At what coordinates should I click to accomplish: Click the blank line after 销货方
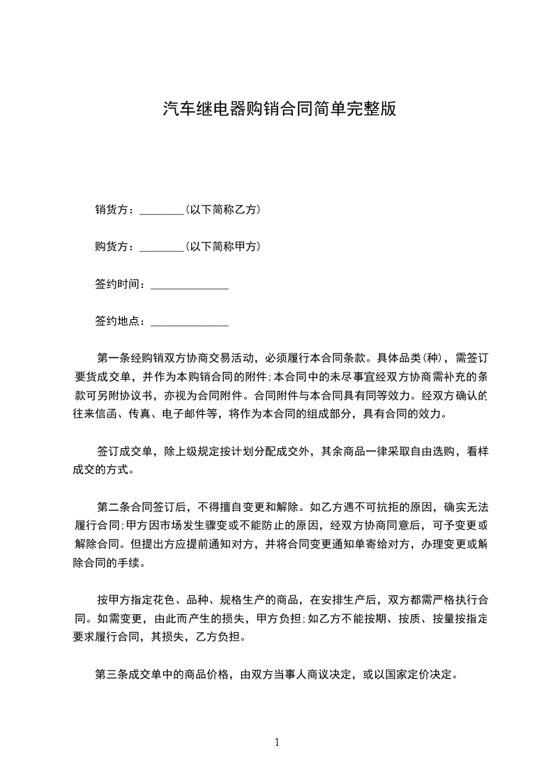(x=161, y=210)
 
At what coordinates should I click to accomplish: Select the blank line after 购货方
(x=161, y=247)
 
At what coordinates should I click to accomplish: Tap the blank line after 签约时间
(x=190, y=285)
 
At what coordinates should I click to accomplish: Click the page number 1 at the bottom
(x=277, y=742)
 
